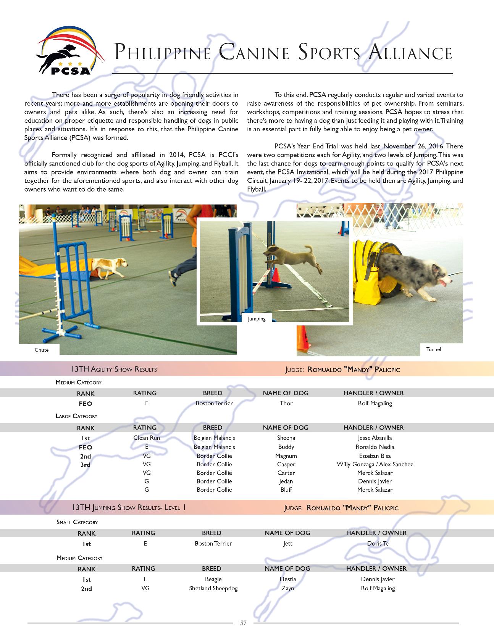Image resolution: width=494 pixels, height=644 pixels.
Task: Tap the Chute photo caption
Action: [x=42, y=350]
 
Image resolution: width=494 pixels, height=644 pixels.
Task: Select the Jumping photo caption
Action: [x=257, y=319]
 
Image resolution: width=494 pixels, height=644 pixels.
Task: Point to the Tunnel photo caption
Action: [x=434, y=349]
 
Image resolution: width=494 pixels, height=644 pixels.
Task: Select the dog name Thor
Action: [x=286, y=403]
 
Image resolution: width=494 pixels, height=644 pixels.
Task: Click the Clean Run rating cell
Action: [x=147, y=438]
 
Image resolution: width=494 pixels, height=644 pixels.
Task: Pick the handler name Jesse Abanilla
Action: [x=375, y=438]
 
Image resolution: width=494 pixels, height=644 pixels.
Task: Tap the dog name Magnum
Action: [x=286, y=456]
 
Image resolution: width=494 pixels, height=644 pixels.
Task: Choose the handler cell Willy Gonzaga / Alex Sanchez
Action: [x=375, y=464]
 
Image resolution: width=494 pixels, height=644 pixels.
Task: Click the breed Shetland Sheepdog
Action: [x=213, y=588]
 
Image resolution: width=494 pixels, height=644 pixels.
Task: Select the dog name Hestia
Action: [x=288, y=579]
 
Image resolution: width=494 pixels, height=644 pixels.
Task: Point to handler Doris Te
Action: [x=378, y=544]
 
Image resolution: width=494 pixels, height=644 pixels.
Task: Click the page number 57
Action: [x=244, y=623]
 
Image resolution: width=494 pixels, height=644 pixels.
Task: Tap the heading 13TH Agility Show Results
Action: [x=114, y=369]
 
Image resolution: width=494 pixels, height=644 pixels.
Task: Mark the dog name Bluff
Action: [x=286, y=490]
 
